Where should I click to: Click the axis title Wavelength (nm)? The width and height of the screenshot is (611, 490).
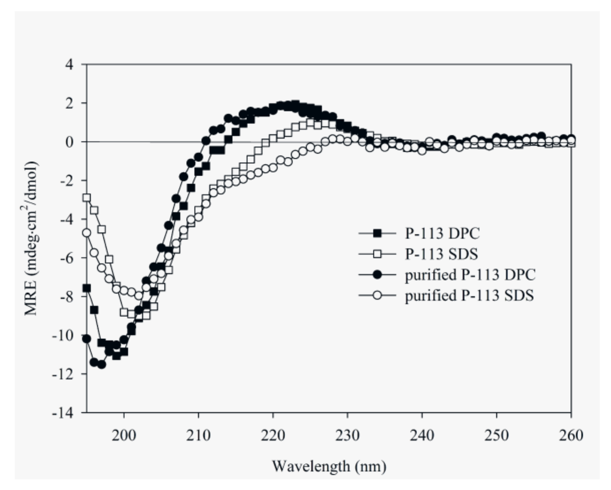pyautogui.click(x=329, y=466)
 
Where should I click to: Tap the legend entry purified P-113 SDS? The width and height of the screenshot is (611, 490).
pyautogui.click(x=469, y=295)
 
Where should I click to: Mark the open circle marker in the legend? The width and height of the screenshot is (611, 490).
pyautogui.click(x=377, y=295)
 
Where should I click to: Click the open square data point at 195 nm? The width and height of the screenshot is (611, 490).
pyautogui.click(x=86, y=198)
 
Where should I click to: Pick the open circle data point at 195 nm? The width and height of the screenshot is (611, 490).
pyautogui.click(x=86, y=233)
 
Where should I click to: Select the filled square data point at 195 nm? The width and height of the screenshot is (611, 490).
pyautogui.click(x=86, y=288)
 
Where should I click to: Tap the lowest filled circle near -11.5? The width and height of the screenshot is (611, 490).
pyautogui.click(x=102, y=365)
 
